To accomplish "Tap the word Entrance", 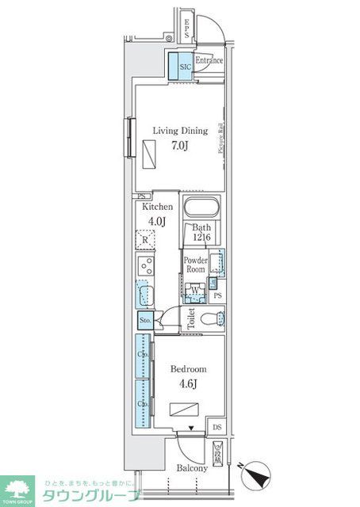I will tap(209, 60).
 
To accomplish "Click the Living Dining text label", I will tap(180, 131).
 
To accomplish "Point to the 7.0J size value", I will tap(180, 146).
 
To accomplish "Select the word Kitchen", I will tap(157, 207).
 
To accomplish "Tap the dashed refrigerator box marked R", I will tap(145, 238).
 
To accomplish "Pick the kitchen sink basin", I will tap(144, 294).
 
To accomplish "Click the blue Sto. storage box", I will tap(145, 320).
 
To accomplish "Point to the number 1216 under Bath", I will tap(202, 238).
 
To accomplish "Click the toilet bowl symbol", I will tap(211, 320).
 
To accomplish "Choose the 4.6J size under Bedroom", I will tap(189, 384).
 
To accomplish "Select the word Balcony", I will tap(192, 468).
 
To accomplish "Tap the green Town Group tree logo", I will tap(17, 490).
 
